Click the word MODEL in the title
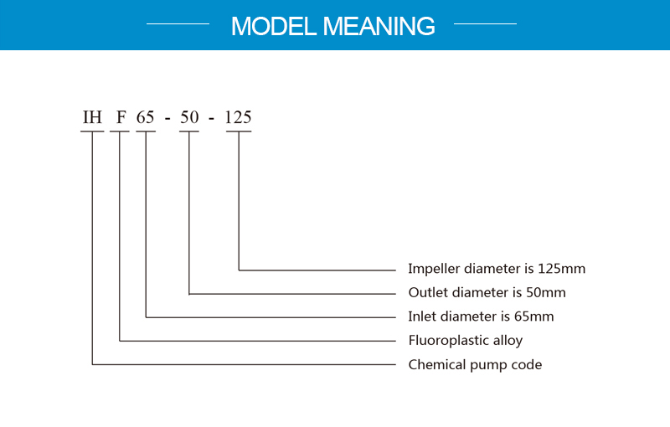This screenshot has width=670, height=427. [x=274, y=26]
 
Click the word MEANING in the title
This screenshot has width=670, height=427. [x=379, y=26]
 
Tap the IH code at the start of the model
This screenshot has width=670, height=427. [x=92, y=117]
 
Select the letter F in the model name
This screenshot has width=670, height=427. [x=121, y=117]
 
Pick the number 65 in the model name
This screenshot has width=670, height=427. [x=145, y=117]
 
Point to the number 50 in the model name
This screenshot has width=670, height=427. [x=189, y=117]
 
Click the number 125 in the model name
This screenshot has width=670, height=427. [x=238, y=117]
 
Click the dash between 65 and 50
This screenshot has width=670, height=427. [x=167, y=119]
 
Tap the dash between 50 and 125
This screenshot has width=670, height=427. [x=212, y=119]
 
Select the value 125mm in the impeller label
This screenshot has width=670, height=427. [x=561, y=269]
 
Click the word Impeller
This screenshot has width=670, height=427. [x=434, y=269]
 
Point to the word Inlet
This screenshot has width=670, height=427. [x=422, y=316]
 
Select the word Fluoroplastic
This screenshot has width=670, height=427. [x=449, y=341]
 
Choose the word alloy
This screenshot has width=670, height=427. [x=508, y=341]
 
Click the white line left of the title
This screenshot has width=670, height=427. [x=178, y=24]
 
